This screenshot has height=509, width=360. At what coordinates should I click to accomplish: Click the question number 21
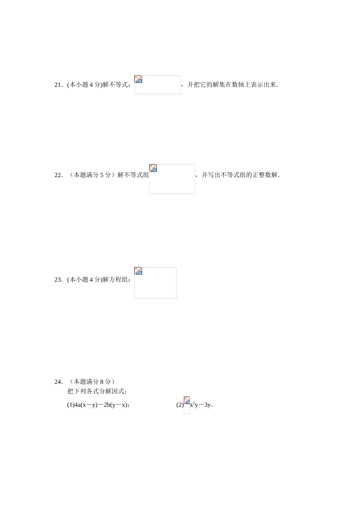click(58, 85)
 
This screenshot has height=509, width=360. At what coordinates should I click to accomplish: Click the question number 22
click(58, 175)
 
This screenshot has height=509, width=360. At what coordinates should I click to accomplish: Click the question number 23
click(58, 280)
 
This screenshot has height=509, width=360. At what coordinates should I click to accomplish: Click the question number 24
click(58, 382)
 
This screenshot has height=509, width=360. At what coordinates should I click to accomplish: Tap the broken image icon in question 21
click(138, 79)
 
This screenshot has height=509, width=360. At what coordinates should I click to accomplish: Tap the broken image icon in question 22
click(153, 168)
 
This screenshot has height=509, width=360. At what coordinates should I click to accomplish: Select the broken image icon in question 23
click(138, 271)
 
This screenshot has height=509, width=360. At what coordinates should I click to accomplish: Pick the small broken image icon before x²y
click(187, 401)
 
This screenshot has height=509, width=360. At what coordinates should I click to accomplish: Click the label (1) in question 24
click(70, 405)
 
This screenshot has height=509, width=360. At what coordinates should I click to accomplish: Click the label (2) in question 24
click(180, 405)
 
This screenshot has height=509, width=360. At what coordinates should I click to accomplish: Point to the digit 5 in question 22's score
click(102, 175)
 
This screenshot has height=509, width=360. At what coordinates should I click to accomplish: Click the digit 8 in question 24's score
click(102, 382)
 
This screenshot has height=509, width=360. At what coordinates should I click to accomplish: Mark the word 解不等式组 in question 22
click(133, 175)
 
